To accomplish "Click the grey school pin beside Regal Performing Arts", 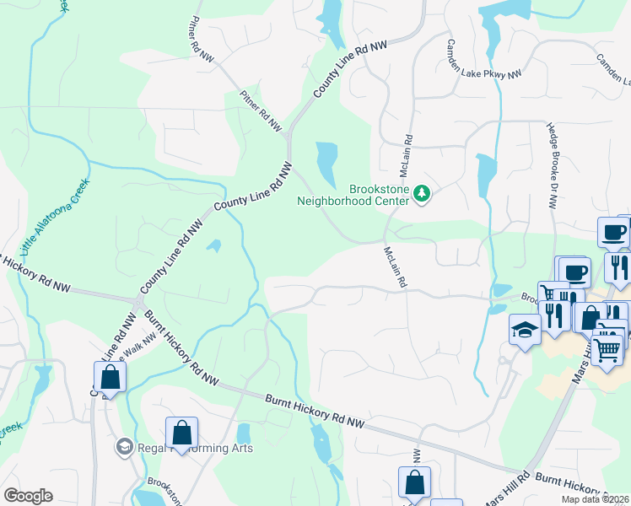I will [x=124, y=446].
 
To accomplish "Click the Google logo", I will [x=28, y=496].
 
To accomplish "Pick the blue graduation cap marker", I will [x=525, y=329].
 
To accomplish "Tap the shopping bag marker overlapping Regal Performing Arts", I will [x=181, y=433].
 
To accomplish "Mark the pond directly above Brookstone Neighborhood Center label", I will [x=326, y=156].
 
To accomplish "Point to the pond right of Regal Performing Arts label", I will [x=243, y=433].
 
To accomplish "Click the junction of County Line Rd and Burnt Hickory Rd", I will [x=137, y=301].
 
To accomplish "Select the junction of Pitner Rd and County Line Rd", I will [x=289, y=133].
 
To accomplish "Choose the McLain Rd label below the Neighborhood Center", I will [x=395, y=267].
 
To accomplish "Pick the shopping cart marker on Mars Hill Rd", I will [x=607, y=348].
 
